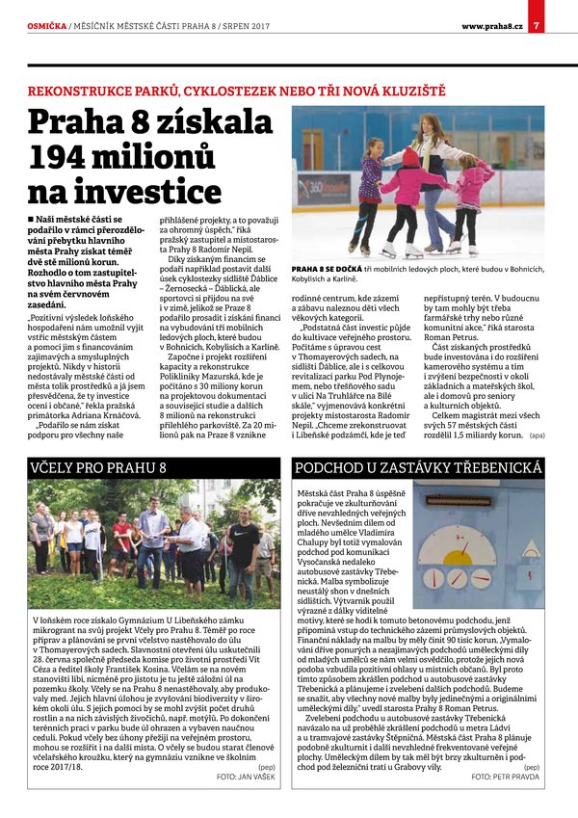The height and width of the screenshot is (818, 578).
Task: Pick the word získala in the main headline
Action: [197, 124]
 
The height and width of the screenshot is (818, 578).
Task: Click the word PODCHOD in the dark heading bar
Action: [333, 467]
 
